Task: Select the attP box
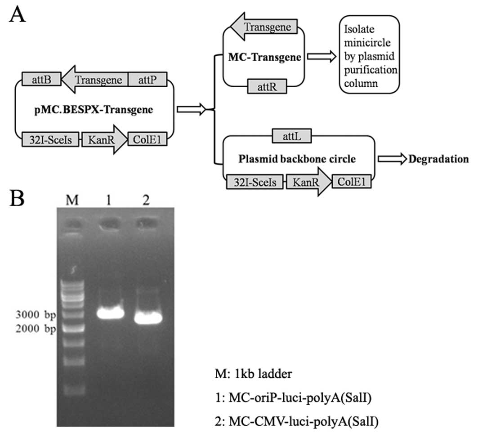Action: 148,80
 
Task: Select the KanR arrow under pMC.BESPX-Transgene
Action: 103,140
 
